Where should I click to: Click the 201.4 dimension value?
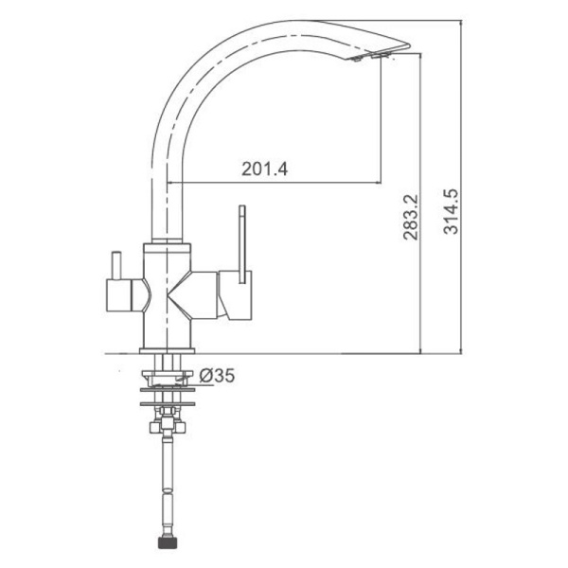(x=264, y=169)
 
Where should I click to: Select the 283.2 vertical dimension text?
(x=411, y=218)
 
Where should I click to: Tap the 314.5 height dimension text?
(x=451, y=211)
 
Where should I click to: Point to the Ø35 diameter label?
(x=217, y=375)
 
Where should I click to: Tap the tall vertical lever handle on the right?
(x=242, y=244)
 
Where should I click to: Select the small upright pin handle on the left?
(x=115, y=265)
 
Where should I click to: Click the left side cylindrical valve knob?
(x=119, y=295)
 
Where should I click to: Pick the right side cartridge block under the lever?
(x=235, y=295)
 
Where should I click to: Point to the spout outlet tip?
(x=407, y=45)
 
